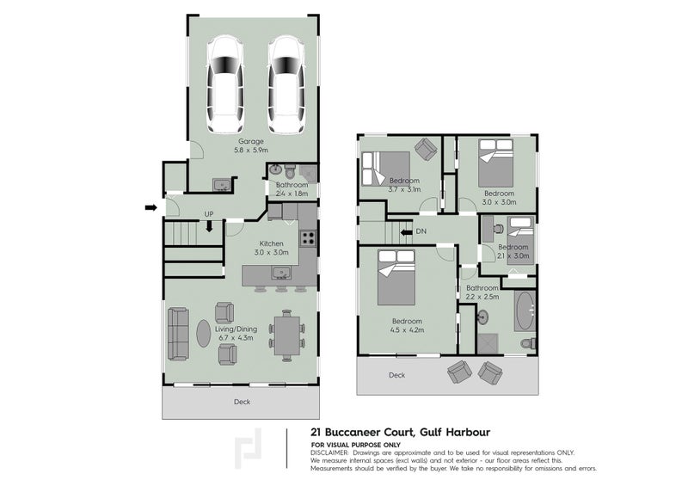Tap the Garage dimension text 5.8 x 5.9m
[x=251, y=150]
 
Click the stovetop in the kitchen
[x=308, y=240]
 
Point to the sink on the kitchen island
[x=280, y=274]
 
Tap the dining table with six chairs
[x=286, y=335]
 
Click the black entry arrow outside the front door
[x=151, y=207]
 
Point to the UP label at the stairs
[x=208, y=214]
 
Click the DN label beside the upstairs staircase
[x=421, y=231]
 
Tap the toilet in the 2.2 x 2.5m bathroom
[x=528, y=342]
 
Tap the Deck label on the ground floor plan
[x=243, y=402]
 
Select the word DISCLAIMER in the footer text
[x=330, y=452]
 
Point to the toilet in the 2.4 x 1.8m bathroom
[x=291, y=168]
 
